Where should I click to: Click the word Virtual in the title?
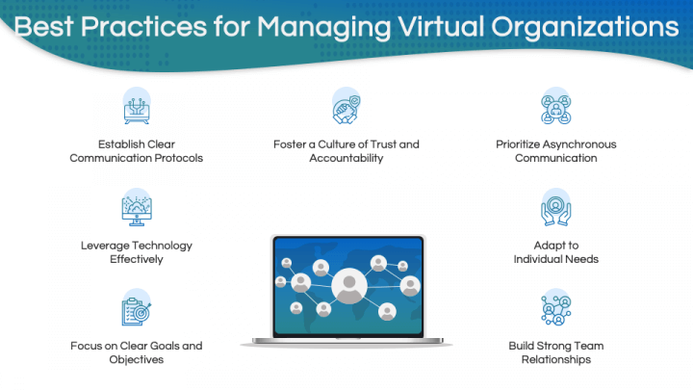[441, 27]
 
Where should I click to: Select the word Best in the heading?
[43, 27]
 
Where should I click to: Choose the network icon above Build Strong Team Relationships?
[556, 308]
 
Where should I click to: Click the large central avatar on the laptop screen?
[349, 286]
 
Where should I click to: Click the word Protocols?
[179, 158]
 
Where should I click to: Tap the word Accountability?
[346, 158]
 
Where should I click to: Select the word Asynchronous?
[579, 144]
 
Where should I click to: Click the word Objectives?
[136, 360]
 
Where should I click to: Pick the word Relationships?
[556, 359]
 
